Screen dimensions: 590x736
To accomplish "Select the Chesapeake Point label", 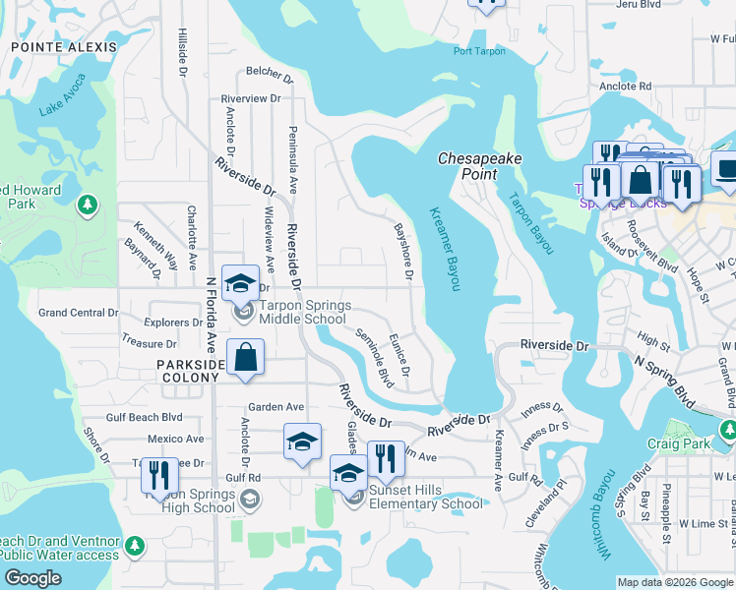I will pyautogui.click(x=479, y=165).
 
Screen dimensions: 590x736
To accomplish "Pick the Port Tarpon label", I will pyautogui.click(x=479, y=52).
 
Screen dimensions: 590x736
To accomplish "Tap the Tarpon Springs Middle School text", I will pyautogui.click(x=305, y=312).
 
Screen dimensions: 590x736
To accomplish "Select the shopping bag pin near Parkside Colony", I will pyautogui.click(x=245, y=358).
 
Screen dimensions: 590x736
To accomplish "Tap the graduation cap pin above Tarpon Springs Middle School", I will pyautogui.click(x=240, y=285).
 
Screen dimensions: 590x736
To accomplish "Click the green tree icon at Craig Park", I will pyautogui.click(x=728, y=430).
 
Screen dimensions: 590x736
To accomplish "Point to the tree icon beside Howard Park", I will pyautogui.click(x=89, y=205).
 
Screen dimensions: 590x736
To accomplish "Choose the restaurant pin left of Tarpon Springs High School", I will pyautogui.click(x=158, y=476).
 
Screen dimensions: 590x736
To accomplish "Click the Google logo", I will pyautogui.click(x=33, y=578).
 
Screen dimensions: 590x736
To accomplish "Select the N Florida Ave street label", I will pyautogui.click(x=211, y=315).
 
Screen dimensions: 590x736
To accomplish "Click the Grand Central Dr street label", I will pyautogui.click(x=78, y=313).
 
